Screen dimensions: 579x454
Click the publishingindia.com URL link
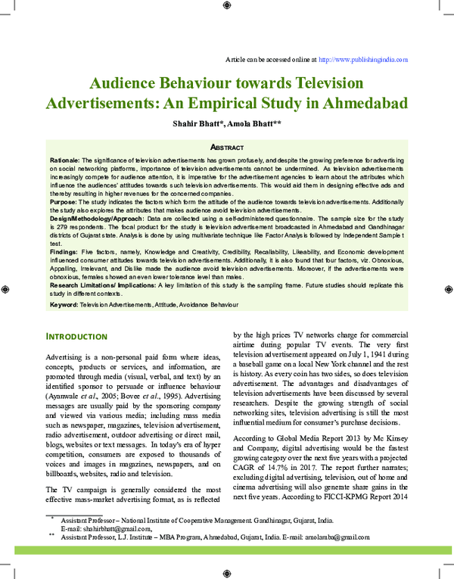coord(363,59)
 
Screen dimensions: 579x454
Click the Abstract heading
coord(226,147)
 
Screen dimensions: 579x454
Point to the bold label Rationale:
coord(64,161)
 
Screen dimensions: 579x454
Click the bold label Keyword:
coord(64,304)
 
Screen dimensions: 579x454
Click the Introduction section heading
coord(76,336)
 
